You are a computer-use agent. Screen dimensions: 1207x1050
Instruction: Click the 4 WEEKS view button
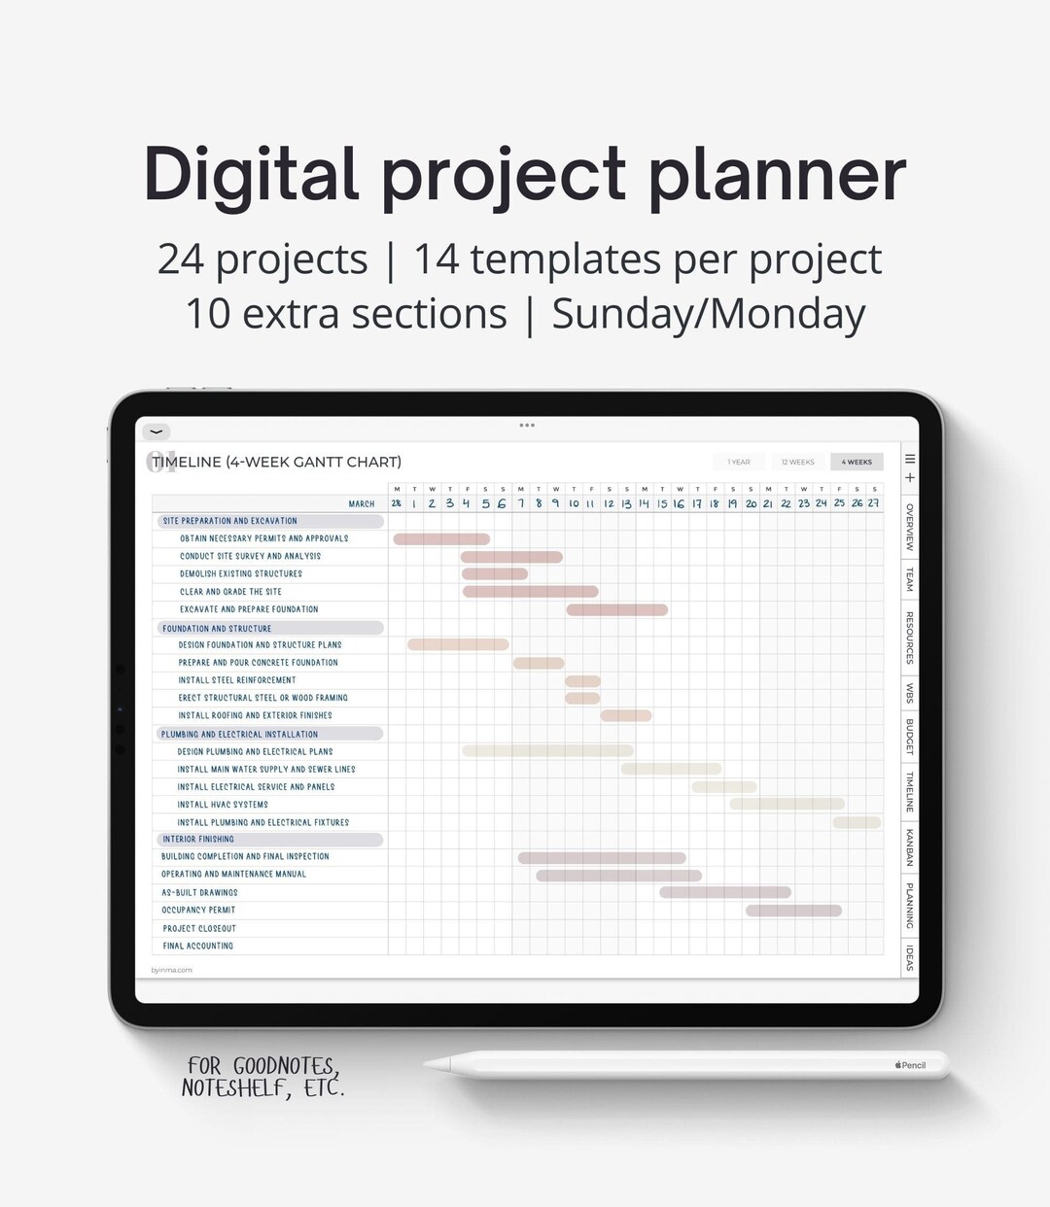(857, 462)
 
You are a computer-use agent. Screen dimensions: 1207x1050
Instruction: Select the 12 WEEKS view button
(797, 462)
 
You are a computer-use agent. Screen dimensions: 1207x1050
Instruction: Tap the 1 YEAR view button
(739, 462)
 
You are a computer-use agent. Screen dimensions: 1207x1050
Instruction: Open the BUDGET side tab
(910, 737)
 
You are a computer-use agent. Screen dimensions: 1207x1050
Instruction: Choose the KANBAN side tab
(910, 846)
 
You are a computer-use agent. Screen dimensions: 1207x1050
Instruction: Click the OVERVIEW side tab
(910, 527)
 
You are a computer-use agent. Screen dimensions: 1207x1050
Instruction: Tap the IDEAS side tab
(910, 956)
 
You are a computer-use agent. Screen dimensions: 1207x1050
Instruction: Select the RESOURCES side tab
(910, 638)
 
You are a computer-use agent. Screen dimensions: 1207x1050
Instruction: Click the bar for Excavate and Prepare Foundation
(616, 609)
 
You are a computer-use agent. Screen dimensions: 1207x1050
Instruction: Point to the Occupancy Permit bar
(793, 911)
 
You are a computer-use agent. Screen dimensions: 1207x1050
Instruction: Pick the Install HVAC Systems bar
(787, 804)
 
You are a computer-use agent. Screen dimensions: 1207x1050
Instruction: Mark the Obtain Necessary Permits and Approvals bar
(441, 538)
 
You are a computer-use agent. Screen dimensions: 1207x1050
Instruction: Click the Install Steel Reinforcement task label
(237, 680)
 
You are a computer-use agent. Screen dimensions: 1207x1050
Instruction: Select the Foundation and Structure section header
(218, 628)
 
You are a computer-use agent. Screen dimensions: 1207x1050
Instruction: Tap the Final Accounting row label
(198, 946)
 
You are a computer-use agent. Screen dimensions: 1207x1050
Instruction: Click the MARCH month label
(362, 503)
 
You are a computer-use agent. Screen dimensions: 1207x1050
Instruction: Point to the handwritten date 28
(397, 503)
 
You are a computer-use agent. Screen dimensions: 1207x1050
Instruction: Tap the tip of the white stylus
(429, 1066)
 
